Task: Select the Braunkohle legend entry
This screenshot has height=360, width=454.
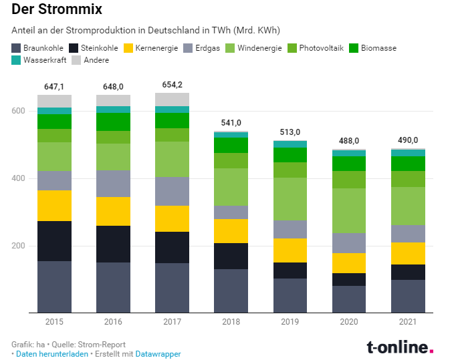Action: click(x=38, y=48)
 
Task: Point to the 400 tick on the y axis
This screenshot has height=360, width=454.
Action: click(x=19, y=178)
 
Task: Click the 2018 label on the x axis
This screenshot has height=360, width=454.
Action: click(x=231, y=322)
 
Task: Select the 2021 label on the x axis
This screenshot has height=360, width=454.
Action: click(x=407, y=322)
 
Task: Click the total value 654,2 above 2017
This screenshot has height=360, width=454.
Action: click(x=172, y=85)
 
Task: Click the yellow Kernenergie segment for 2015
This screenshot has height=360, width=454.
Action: click(x=54, y=206)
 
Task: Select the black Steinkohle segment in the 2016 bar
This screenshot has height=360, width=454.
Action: click(x=113, y=244)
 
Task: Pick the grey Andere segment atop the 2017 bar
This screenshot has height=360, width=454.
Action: click(x=172, y=100)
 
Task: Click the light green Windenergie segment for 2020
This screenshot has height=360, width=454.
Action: click(x=348, y=210)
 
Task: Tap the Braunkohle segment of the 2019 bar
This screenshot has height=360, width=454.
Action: click(x=290, y=295)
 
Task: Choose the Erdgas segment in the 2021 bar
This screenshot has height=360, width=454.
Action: click(x=407, y=234)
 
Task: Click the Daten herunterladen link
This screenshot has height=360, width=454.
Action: click(x=51, y=354)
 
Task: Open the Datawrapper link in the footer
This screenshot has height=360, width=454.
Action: click(x=158, y=354)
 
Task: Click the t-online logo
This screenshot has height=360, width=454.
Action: click(x=400, y=347)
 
